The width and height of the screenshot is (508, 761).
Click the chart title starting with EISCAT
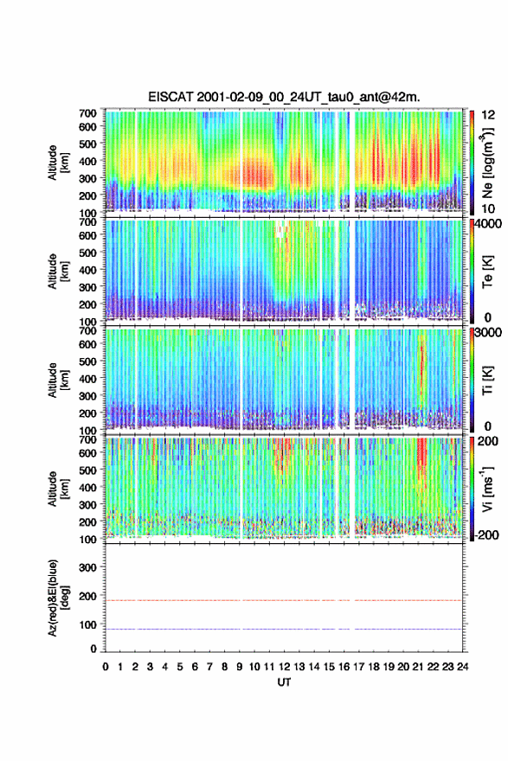(x=284, y=97)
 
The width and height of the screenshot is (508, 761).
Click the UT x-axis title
(x=284, y=682)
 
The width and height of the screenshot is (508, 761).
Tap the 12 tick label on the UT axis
(x=284, y=667)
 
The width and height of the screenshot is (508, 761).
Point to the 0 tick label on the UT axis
(x=106, y=667)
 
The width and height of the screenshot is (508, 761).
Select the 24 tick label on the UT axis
(x=462, y=667)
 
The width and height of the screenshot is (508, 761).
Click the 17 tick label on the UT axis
(x=358, y=667)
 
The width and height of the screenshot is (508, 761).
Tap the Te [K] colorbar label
(x=487, y=272)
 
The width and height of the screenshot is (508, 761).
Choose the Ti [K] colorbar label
(x=487, y=380)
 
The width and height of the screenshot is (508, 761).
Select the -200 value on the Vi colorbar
(x=485, y=534)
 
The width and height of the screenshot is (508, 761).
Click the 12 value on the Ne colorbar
(x=489, y=115)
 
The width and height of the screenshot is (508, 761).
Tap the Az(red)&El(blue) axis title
(x=58, y=598)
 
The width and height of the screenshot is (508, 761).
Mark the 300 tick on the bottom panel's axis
(x=88, y=567)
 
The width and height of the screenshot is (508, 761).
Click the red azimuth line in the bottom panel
(x=284, y=600)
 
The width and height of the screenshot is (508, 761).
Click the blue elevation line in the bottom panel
(x=284, y=629)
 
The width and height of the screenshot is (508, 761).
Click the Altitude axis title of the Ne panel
(x=58, y=163)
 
